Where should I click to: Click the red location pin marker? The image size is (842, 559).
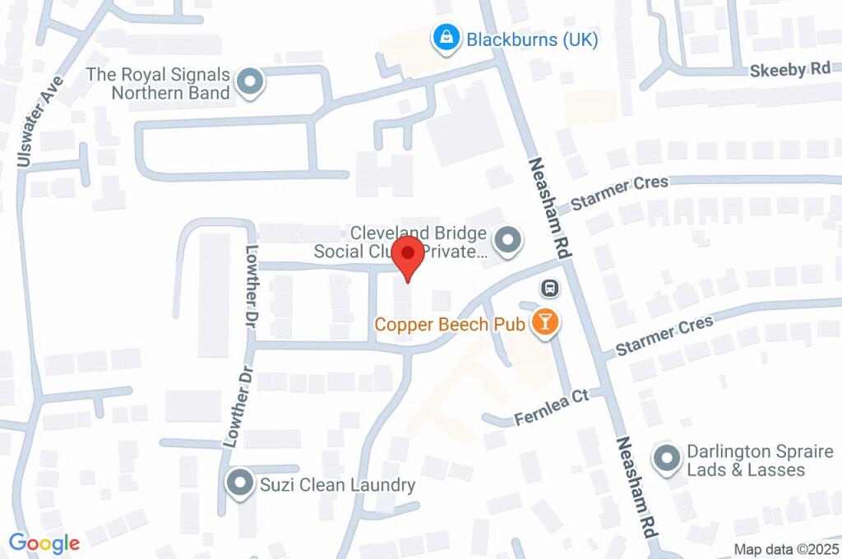click(408, 256)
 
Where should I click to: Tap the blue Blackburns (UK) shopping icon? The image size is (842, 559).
click(445, 38)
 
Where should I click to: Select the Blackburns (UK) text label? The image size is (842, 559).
click(532, 39)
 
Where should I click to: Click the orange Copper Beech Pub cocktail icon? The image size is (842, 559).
click(544, 322)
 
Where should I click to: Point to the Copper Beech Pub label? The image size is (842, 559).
click(450, 324)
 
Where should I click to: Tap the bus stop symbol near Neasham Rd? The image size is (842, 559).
click(549, 289)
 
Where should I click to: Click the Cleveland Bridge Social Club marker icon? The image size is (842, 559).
click(507, 241)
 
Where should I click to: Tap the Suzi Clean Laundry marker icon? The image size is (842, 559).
click(240, 483)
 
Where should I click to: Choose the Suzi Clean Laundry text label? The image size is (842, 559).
click(338, 485)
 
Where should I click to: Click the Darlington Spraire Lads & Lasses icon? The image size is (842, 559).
click(666, 458)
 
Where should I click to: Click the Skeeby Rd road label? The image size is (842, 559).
click(790, 70)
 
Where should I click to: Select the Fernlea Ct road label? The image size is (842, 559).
click(552, 407)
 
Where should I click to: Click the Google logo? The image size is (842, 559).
click(44, 543)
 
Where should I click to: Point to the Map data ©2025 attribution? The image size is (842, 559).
click(786, 549)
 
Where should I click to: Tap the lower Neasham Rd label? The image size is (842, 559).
click(638, 486)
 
